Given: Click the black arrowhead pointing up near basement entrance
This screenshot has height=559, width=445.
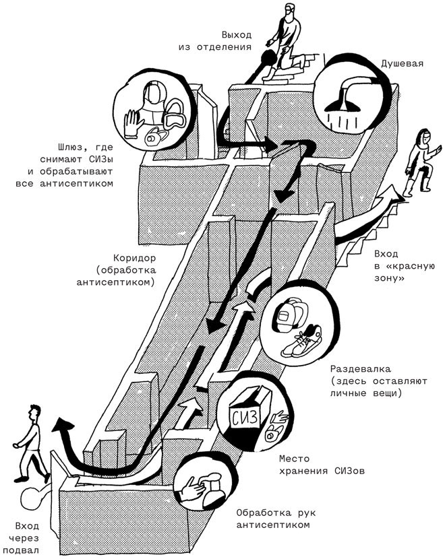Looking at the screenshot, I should [x=62, y=426].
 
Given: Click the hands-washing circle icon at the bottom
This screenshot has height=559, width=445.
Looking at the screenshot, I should [x=202, y=486].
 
